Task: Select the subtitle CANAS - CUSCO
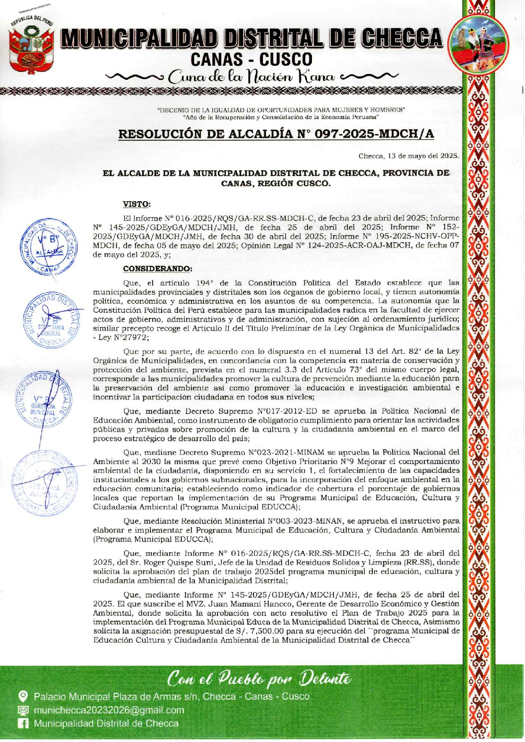(x=251, y=60)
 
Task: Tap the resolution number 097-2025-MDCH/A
(x=374, y=134)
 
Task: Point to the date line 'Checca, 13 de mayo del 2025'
(x=409, y=156)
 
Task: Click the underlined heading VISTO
(x=136, y=204)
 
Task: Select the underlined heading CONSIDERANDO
(x=157, y=268)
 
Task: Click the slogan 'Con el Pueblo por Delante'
(x=259, y=678)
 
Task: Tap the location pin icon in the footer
(x=22, y=696)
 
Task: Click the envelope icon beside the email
(x=22, y=710)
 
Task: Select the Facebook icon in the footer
(x=22, y=723)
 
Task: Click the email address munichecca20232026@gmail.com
(x=109, y=710)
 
